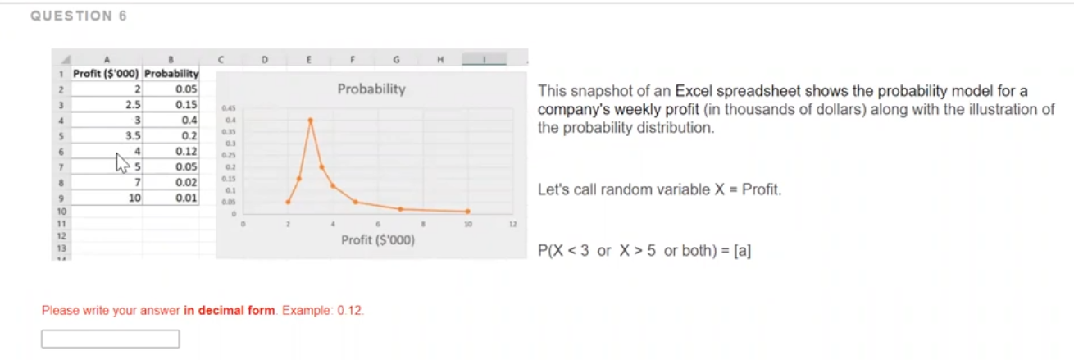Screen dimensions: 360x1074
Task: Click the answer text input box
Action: pyautogui.click(x=111, y=339)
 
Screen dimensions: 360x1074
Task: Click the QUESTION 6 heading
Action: pyautogui.click(x=79, y=16)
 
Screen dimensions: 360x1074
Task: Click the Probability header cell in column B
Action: pyautogui.click(x=172, y=74)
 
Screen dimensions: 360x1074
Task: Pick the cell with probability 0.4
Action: pyautogui.click(x=172, y=120)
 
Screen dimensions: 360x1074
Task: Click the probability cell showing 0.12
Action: pyautogui.click(x=172, y=151)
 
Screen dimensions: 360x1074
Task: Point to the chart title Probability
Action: pyautogui.click(x=371, y=89)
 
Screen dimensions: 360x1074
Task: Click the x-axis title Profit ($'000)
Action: pyautogui.click(x=378, y=240)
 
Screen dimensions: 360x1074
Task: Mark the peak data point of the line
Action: pyautogui.click(x=310, y=120)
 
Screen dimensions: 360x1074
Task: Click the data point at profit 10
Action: pyautogui.click(x=468, y=212)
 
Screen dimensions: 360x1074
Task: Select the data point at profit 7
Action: pyautogui.click(x=400, y=208)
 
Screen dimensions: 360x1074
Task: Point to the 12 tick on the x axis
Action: pyautogui.click(x=513, y=222)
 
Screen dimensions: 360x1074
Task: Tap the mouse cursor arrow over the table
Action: pyautogui.click(x=123, y=163)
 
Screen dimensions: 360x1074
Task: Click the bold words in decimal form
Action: pyautogui.click(x=230, y=311)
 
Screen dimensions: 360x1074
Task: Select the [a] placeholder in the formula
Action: pyautogui.click(x=743, y=251)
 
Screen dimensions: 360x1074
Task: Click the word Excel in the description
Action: pyautogui.click(x=694, y=91)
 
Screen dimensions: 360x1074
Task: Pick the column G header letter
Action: pyautogui.click(x=396, y=59)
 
